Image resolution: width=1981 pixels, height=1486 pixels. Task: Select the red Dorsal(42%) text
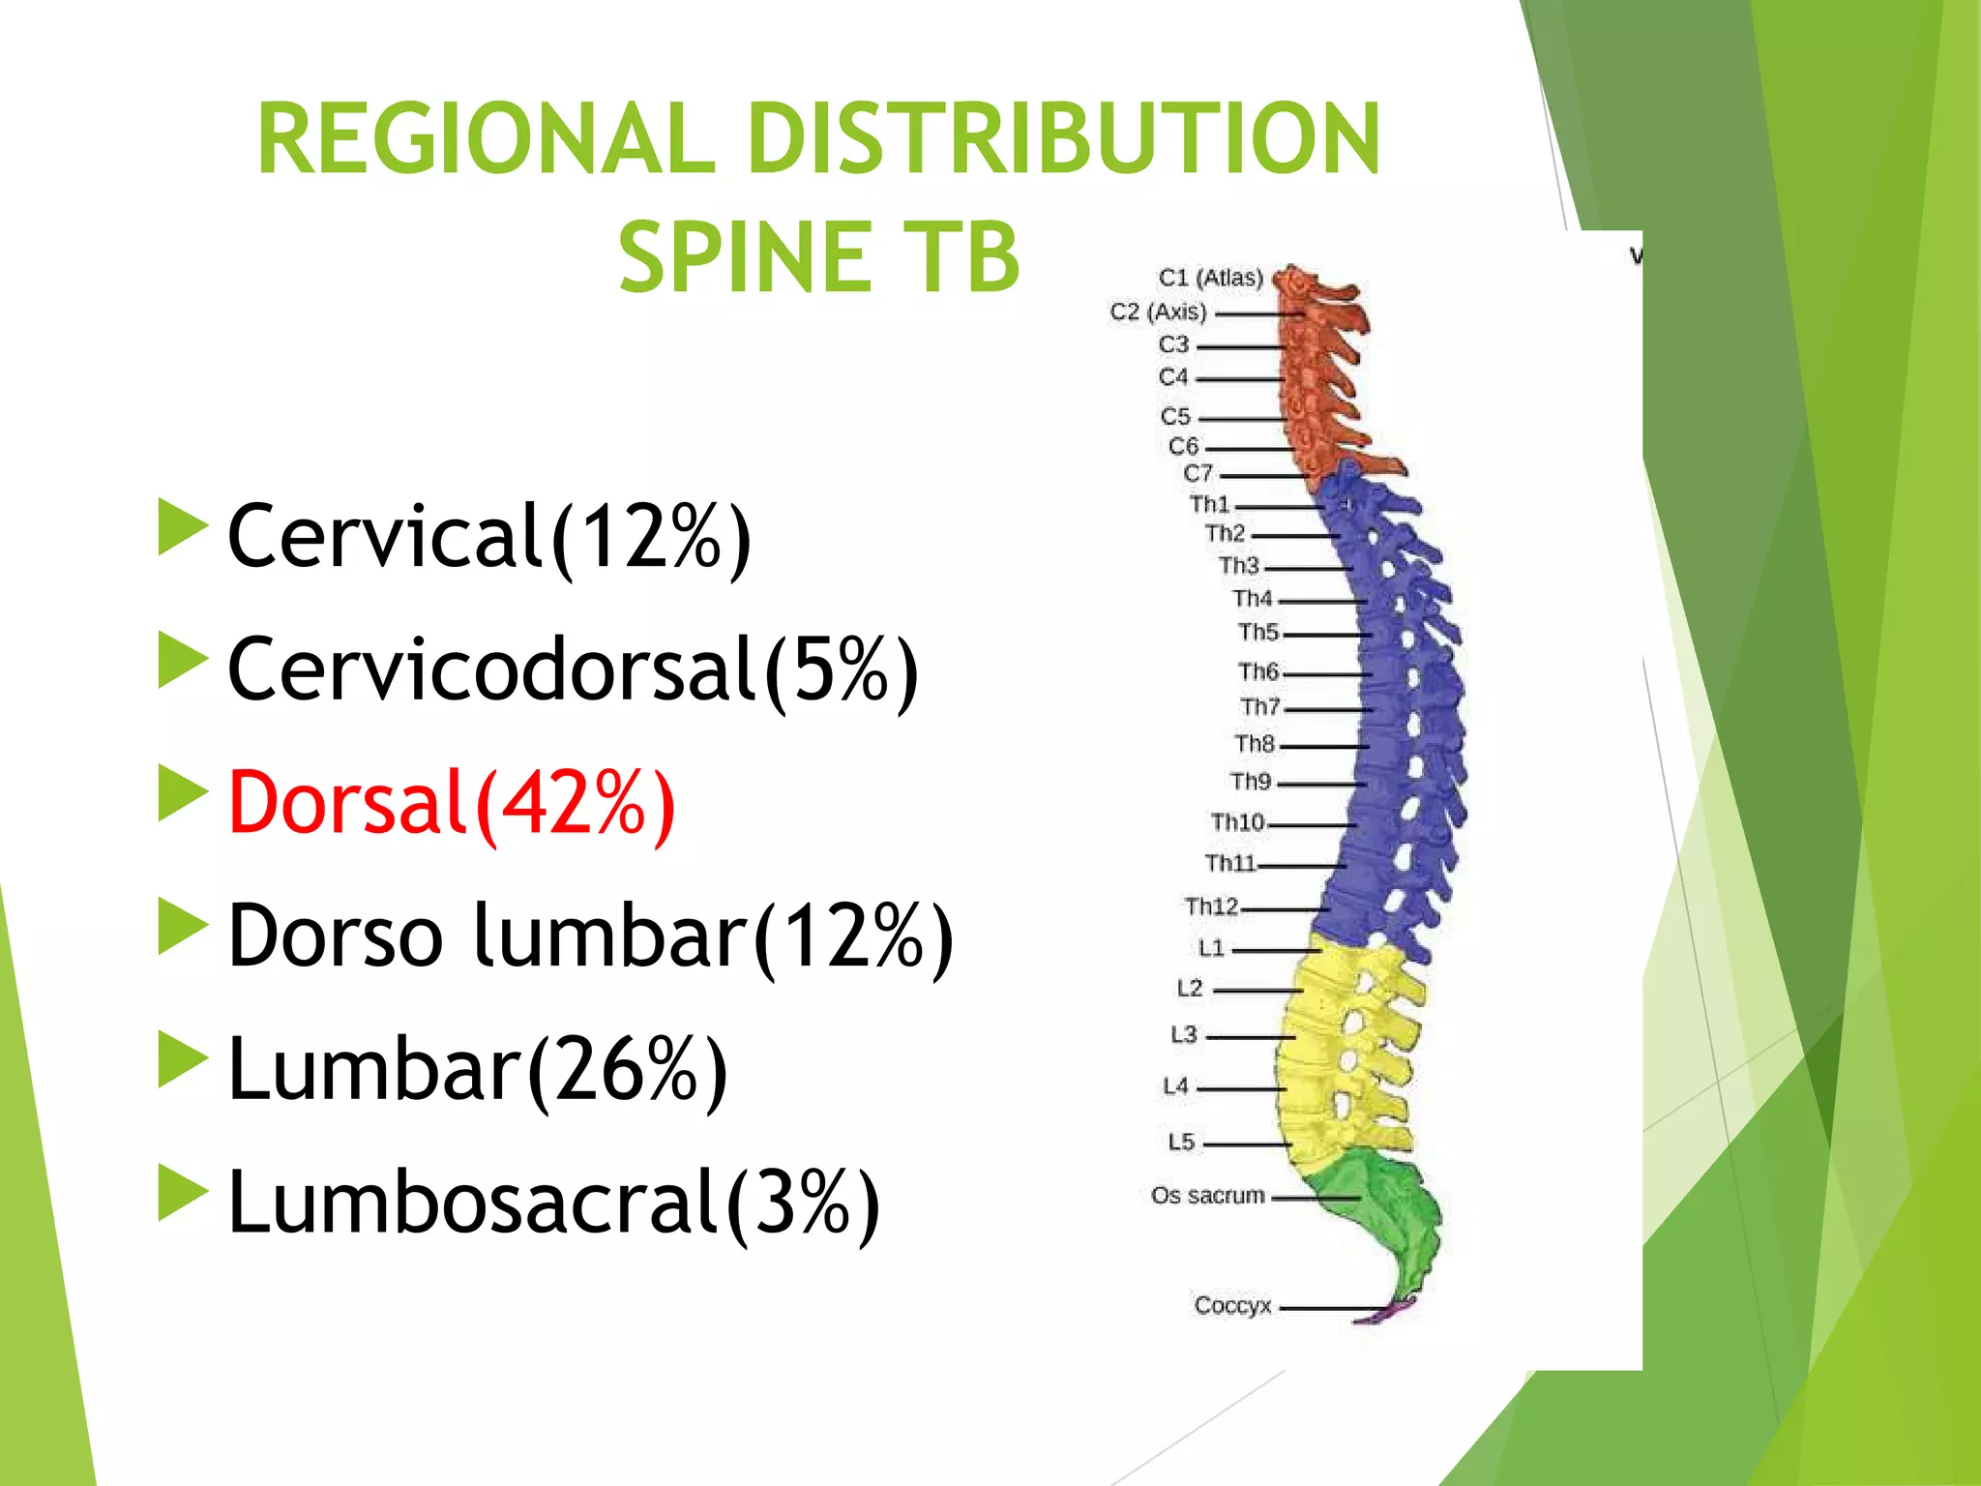pyautogui.click(x=451, y=803)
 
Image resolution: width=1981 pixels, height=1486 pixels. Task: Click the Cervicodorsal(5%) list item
pyautogui.click(x=572, y=669)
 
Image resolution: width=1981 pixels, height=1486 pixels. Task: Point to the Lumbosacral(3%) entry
pyautogui.click(x=552, y=1202)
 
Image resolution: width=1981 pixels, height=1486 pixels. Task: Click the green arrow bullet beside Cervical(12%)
pyautogui.click(x=182, y=527)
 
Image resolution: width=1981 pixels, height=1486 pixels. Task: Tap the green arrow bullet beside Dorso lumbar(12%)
pyautogui.click(x=182, y=927)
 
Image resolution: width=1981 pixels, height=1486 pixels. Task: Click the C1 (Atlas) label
pyautogui.click(x=1210, y=278)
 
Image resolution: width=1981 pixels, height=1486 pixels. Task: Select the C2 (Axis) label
pyautogui.click(x=1158, y=312)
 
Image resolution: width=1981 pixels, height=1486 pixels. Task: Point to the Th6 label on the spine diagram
pyautogui.click(x=1257, y=671)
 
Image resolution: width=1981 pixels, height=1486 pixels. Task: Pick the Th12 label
pyautogui.click(x=1211, y=906)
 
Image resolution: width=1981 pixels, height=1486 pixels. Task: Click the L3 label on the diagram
pyautogui.click(x=1184, y=1034)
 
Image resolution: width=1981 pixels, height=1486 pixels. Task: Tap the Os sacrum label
pyautogui.click(x=1207, y=1196)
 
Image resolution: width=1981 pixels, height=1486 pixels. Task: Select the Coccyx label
pyautogui.click(x=1231, y=1305)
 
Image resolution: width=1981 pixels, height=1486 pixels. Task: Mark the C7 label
pyautogui.click(x=1197, y=473)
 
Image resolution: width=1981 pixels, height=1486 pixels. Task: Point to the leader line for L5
pyautogui.click(x=1248, y=1144)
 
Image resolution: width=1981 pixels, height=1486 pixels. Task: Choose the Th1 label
pyautogui.click(x=1209, y=504)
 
